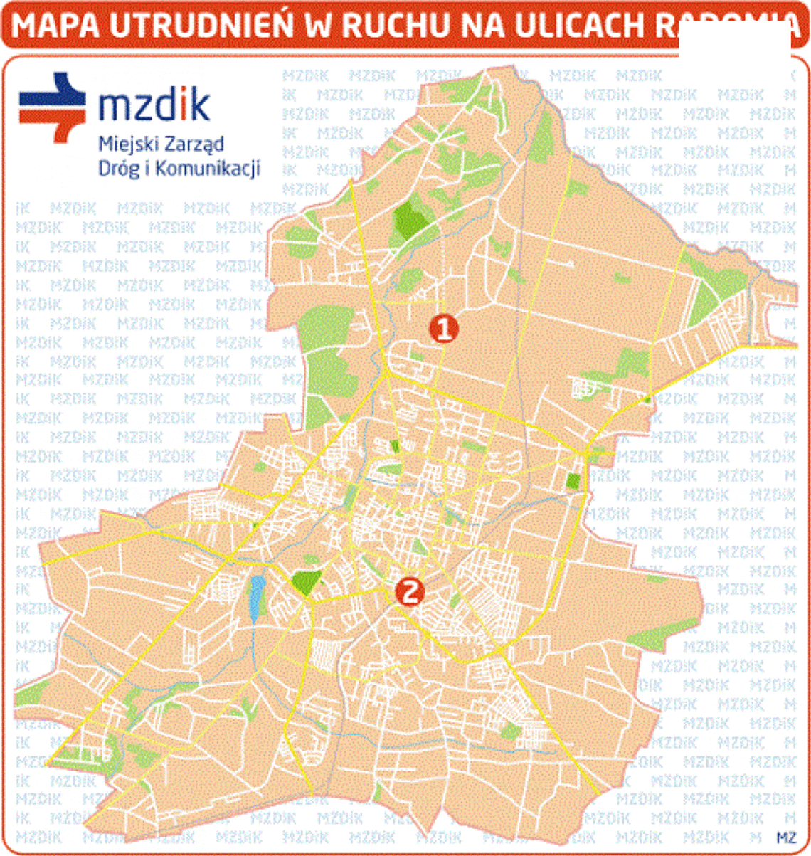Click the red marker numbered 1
point(443,328)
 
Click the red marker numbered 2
point(410,591)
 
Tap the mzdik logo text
point(154,105)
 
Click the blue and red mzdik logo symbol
point(53,107)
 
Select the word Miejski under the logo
point(122,144)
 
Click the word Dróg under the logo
point(117,169)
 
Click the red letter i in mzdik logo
point(181,104)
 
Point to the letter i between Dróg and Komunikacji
point(147,168)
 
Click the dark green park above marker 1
point(409,219)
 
